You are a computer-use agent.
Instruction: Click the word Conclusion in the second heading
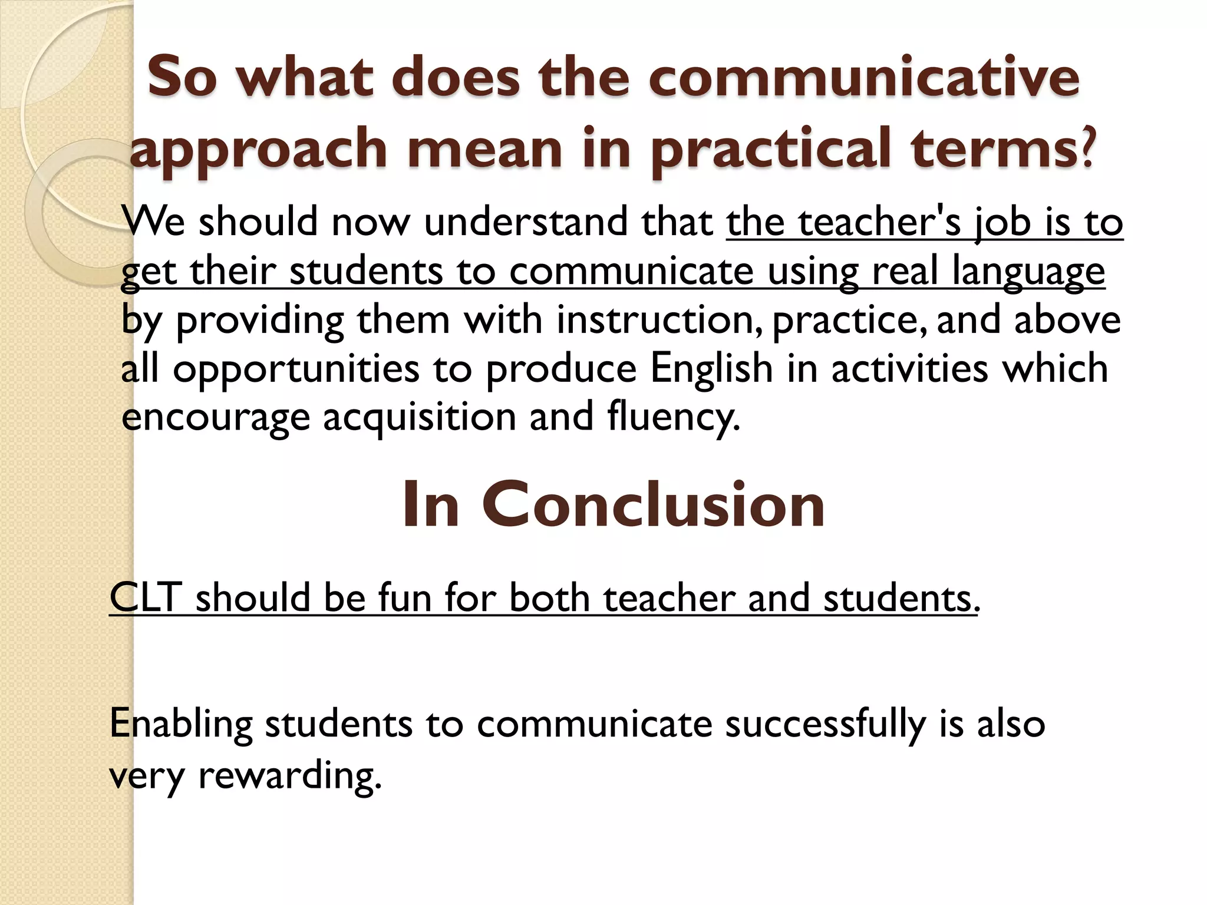click(654, 504)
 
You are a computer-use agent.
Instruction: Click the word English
click(711, 368)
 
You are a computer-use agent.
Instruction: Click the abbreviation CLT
click(145, 598)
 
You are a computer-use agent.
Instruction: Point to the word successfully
click(825, 724)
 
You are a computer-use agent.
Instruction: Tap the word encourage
click(215, 417)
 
